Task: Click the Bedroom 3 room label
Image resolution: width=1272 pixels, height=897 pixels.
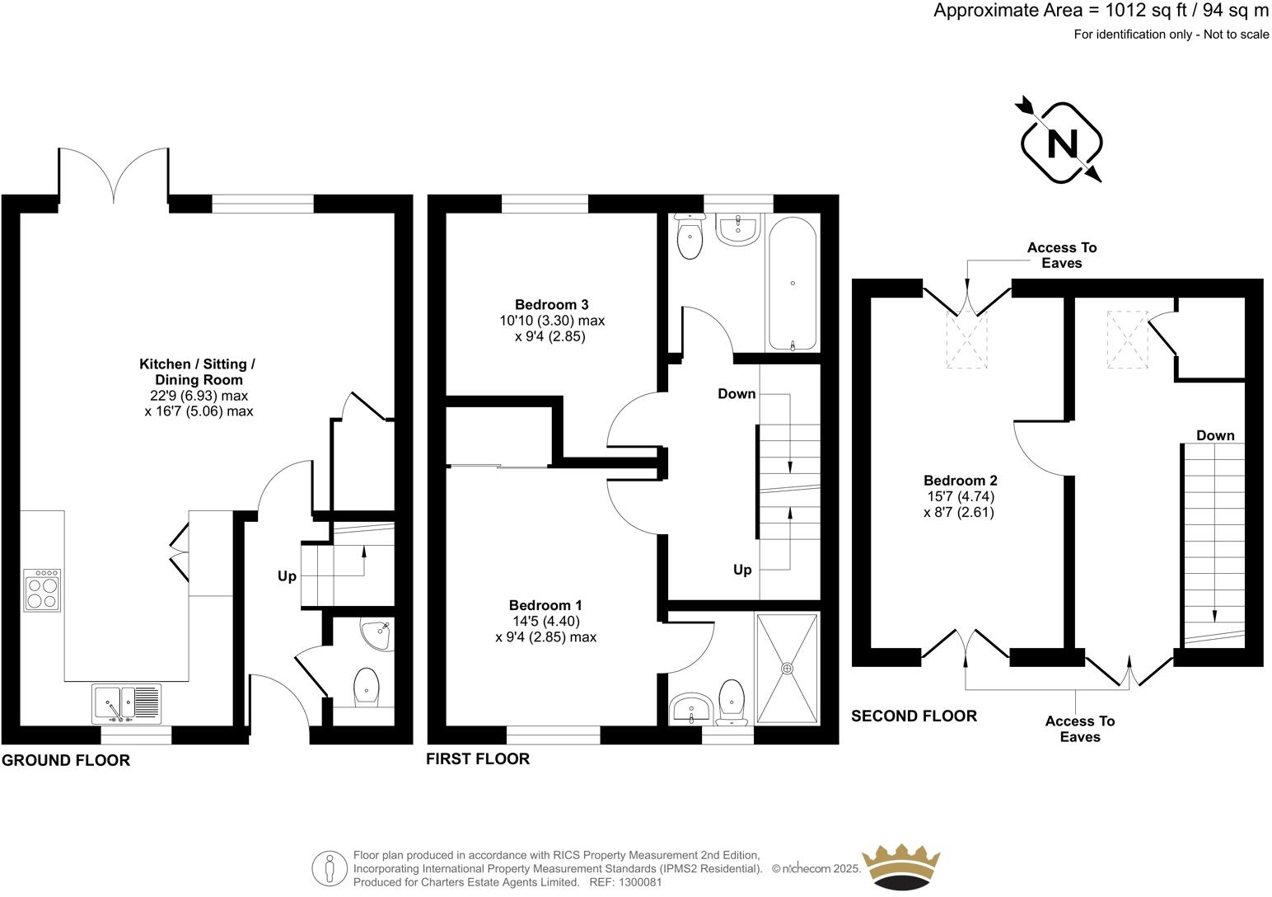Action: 551,305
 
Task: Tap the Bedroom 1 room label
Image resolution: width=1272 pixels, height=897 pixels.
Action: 545,605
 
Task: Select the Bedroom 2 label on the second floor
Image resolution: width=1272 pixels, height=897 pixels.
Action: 960,481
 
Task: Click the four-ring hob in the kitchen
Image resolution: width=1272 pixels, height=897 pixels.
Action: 42,589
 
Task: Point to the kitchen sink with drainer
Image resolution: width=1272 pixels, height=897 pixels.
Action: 127,703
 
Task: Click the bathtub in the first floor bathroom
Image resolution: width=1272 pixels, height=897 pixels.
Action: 792,283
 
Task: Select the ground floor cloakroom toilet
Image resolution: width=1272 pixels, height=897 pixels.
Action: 367,687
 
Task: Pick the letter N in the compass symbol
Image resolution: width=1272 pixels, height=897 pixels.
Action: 1061,144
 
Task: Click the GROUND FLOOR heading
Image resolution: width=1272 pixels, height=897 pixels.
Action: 66,760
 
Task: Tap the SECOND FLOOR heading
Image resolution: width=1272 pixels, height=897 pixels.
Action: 914,716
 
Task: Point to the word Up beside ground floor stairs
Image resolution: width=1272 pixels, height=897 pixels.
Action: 287,576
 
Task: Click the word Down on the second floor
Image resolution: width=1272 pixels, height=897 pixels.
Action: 1215,435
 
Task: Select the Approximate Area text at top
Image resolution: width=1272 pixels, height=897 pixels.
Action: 1101,11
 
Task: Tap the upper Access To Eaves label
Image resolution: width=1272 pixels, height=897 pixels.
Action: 1061,255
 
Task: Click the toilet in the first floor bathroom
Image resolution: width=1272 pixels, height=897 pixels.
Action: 689,236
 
